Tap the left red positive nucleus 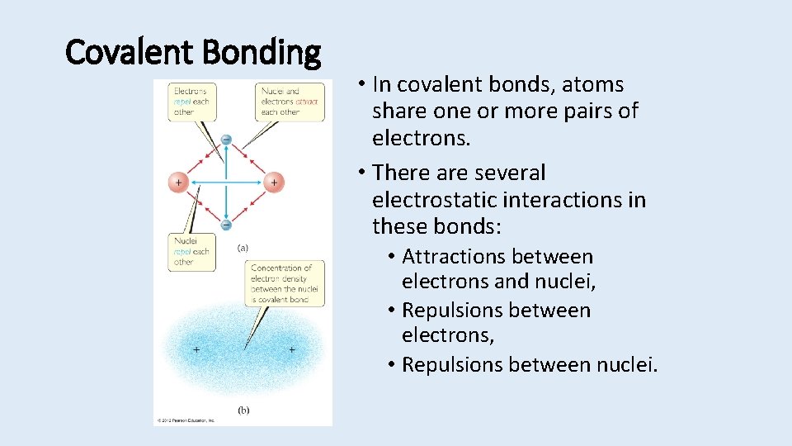pyautogui.click(x=178, y=182)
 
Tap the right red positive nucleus pyautogui.click(x=273, y=182)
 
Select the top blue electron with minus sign pyautogui.click(x=226, y=140)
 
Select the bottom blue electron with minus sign pyautogui.click(x=226, y=224)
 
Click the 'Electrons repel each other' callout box pyautogui.click(x=191, y=101)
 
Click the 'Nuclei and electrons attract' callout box pyautogui.click(x=289, y=101)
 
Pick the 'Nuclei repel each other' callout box pyautogui.click(x=191, y=252)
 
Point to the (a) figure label pyautogui.click(x=243, y=247)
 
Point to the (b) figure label pyautogui.click(x=243, y=409)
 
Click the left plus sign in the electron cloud pyautogui.click(x=196, y=350)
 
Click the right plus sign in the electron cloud pyautogui.click(x=291, y=350)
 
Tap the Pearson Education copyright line pyautogui.click(x=186, y=420)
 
